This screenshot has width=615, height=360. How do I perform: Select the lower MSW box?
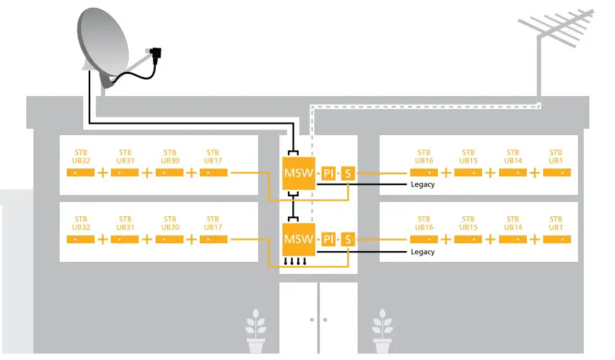[x=298, y=238]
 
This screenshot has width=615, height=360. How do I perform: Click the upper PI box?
[x=328, y=174]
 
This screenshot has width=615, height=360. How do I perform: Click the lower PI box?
[x=328, y=239]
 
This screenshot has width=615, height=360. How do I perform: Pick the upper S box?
[x=348, y=174]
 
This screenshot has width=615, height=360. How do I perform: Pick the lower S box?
[x=348, y=239]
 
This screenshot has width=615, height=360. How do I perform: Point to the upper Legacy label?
[x=422, y=184]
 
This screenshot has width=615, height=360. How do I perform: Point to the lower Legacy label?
[x=422, y=252]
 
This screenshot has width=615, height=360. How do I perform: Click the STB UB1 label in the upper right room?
[x=556, y=157]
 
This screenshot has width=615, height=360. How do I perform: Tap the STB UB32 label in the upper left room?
[x=80, y=157]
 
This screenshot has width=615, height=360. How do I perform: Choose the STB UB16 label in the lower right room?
[x=424, y=223]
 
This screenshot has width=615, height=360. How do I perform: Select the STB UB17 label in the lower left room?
[x=213, y=223]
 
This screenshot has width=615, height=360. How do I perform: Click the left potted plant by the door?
[x=256, y=332]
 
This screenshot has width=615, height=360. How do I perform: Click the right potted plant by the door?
[x=383, y=332]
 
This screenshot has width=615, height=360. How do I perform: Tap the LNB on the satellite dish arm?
[x=156, y=52]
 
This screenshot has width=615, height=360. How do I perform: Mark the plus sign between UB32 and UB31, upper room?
[x=102, y=173]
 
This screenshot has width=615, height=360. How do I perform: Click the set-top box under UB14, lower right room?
[x=513, y=239]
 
